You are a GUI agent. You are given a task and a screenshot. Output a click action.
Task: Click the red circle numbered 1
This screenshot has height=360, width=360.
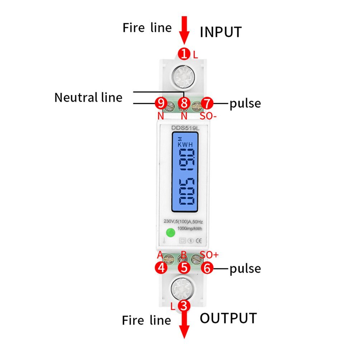(184, 54)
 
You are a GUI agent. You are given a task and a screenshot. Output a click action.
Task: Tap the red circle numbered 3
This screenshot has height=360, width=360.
(184, 306)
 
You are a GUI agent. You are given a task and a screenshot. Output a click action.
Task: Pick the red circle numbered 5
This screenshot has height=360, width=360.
(184, 268)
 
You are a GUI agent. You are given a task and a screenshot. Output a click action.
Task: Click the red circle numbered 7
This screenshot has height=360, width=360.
(207, 104)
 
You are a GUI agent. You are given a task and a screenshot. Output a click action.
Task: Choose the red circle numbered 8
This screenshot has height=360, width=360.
(184, 104)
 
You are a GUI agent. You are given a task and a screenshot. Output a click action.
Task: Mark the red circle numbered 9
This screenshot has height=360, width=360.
(161, 104)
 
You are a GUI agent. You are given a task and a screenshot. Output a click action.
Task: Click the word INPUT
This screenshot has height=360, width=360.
(221, 32)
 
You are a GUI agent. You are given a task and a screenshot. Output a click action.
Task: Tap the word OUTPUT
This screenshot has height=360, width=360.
(228, 318)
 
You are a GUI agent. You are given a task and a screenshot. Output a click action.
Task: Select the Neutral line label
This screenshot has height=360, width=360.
(88, 97)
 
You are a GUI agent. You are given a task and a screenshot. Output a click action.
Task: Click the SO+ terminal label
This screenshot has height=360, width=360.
(209, 255)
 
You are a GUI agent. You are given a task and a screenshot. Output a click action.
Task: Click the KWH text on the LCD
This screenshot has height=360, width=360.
(185, 144)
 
